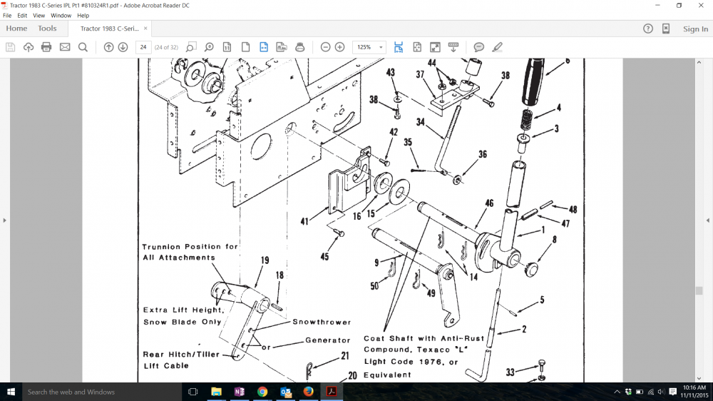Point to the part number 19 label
tap(265, 260)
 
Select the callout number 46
tap(489, 204)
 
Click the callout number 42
tap(393, 132)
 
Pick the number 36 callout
tap(483, 155)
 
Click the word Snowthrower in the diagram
tap(322, 322)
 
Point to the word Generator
tap(328, 340)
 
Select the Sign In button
tap(695, 29)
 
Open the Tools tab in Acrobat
tap(47, 29)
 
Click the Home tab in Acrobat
tap(16, 29)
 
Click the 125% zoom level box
tap(369, 47)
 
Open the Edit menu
tap(23, 15)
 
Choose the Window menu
tap(61, 15)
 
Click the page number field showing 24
tap(143, 47)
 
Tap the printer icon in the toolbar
tap(46, 47)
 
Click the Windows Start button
tap(11, 392)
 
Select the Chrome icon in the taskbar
tap(262, 392)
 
